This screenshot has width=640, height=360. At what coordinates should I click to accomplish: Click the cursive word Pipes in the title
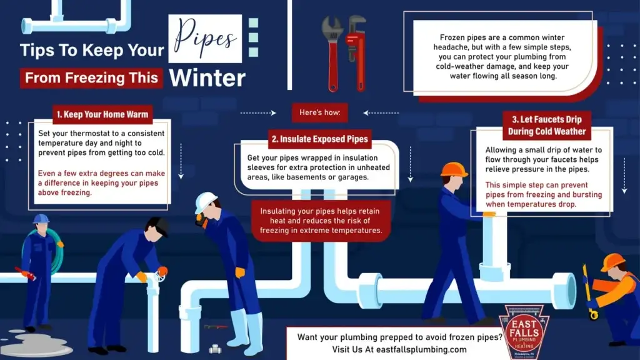[x=205, y=39]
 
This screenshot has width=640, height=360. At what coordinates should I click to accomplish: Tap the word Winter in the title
[x=207, y=78]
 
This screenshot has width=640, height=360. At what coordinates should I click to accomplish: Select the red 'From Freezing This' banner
[x=91, y=77]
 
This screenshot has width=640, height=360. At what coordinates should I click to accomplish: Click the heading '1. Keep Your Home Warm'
[x=102, y=114]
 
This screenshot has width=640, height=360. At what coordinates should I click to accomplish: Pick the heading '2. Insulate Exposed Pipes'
[x=320, y=139]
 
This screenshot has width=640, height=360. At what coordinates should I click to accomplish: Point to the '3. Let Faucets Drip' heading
[x=547, y=119]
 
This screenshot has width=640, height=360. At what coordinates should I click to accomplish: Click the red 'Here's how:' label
[x=320, y=112]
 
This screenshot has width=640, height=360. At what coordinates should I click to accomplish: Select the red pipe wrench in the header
[x=356, y=53]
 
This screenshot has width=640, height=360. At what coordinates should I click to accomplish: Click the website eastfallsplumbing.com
[x=421, y=350]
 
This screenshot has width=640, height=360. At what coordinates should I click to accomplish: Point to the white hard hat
[x=205, y=202]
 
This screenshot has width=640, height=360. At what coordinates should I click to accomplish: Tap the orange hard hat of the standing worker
[x=454, y=169]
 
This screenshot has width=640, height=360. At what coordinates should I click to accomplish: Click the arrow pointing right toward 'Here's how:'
[x=258, y=113]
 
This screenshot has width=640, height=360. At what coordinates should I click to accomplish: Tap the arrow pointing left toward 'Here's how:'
[x=381, y=113]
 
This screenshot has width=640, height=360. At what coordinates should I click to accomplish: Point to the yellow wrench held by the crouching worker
[x=589, y=292]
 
